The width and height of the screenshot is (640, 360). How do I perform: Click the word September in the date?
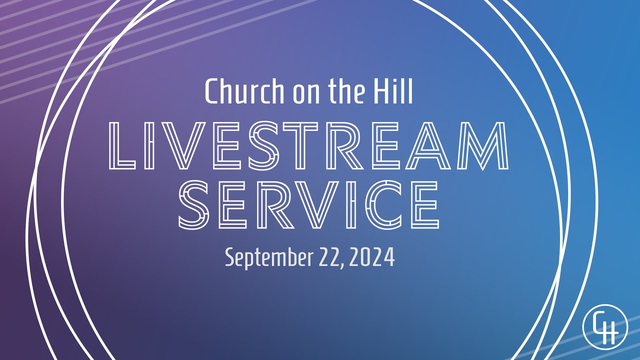268,258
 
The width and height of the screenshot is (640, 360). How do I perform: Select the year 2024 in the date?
372,258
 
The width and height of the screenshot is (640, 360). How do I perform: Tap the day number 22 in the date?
328,258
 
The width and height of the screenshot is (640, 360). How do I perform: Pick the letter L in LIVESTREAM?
121,145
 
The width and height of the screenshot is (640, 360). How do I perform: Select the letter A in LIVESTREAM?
430,145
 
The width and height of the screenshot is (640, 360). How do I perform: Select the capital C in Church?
212,91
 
